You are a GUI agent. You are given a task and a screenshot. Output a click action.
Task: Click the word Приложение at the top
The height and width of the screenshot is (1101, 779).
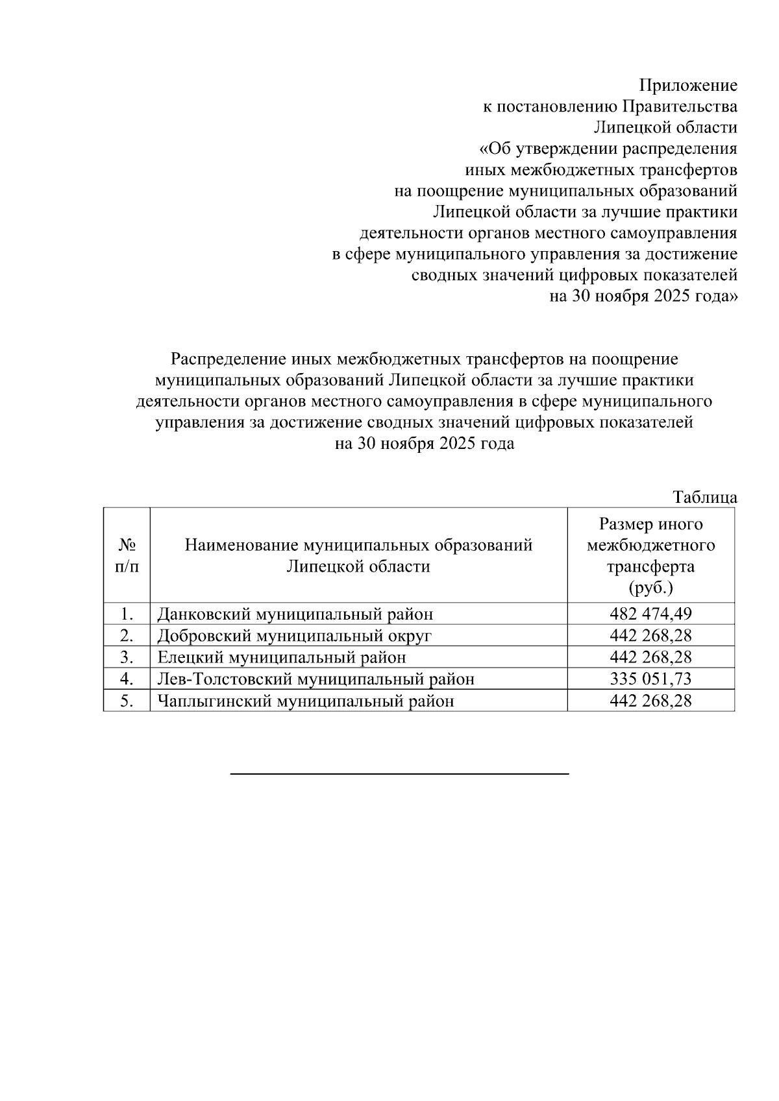tap(688, 86)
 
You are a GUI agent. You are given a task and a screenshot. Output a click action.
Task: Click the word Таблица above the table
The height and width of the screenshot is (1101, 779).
tap(705, 498)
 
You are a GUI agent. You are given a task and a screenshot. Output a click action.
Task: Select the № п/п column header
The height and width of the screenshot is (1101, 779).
tap(127, 555)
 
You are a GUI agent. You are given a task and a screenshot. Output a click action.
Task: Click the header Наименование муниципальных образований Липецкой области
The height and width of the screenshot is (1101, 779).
tap(358, 555)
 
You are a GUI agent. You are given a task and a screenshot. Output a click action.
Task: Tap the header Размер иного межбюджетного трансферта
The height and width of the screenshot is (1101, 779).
tap(650, 545)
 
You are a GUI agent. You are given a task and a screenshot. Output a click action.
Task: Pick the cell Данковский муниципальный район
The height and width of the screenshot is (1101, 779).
tap(295, 614)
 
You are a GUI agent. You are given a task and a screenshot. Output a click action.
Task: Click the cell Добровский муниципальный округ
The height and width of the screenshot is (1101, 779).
tap(294, 636)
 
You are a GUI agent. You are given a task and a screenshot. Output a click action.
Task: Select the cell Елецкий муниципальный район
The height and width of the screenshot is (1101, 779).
tap(282, 657)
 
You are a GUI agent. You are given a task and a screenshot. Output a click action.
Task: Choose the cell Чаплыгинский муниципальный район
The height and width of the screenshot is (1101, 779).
tap(305, 701)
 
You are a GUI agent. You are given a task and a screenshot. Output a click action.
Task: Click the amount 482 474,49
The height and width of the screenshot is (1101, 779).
tap(650, 614)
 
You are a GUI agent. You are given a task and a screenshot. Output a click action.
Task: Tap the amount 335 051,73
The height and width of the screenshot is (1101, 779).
tap(650, 679)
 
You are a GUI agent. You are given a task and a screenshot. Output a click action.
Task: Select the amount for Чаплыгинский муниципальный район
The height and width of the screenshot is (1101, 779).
tap(650, 701)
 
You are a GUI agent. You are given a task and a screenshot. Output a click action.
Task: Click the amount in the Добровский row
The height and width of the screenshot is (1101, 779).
tap(650, 636)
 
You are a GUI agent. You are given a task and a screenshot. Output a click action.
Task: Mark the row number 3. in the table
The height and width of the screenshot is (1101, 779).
tap(127, 657)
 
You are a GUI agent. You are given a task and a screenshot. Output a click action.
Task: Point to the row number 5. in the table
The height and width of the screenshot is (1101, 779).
tap(127, 701)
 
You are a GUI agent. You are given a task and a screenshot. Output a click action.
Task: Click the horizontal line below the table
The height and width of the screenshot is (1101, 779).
tap(399, 773)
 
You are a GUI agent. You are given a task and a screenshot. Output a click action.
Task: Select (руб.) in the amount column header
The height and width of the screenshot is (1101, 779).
tap(650, 588)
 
